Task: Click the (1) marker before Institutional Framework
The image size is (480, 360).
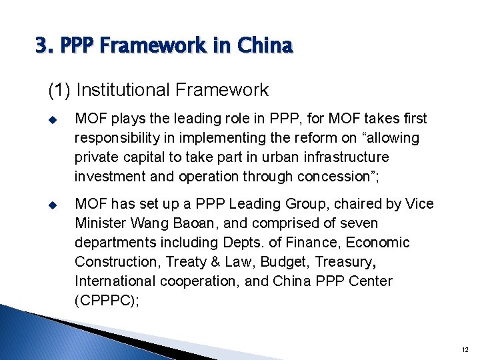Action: point(59,90)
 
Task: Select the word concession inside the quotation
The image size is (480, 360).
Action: point(338,176)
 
